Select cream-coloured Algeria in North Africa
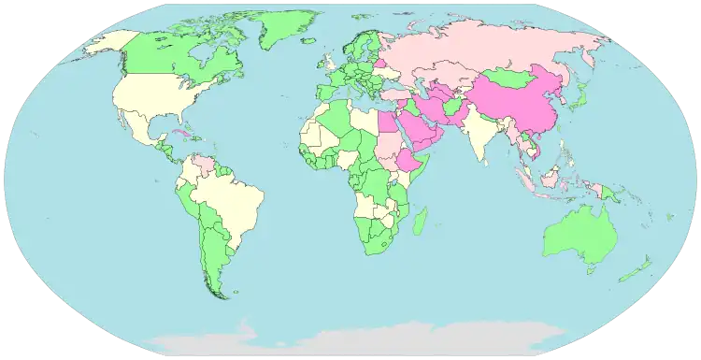pos(332,122)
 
